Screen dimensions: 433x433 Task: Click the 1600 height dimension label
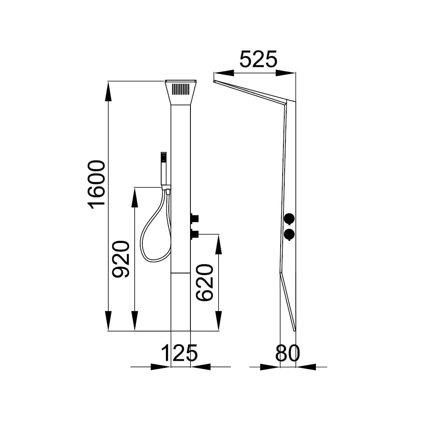tap(96, 184)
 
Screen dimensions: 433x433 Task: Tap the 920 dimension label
tap(121, 259)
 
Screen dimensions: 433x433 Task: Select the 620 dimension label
tap(204, 282)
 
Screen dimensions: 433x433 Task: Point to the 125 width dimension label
tap(179, 353)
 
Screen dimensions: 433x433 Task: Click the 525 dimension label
tap(258, 59)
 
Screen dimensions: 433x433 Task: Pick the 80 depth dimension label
tap(287, 353)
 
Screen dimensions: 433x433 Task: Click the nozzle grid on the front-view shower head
tap(180, 89)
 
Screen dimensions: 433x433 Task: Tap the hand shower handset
tap(164, 168)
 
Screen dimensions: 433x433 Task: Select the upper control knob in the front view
tap(194, 219)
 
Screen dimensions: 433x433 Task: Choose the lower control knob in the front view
tap(194, 234)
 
